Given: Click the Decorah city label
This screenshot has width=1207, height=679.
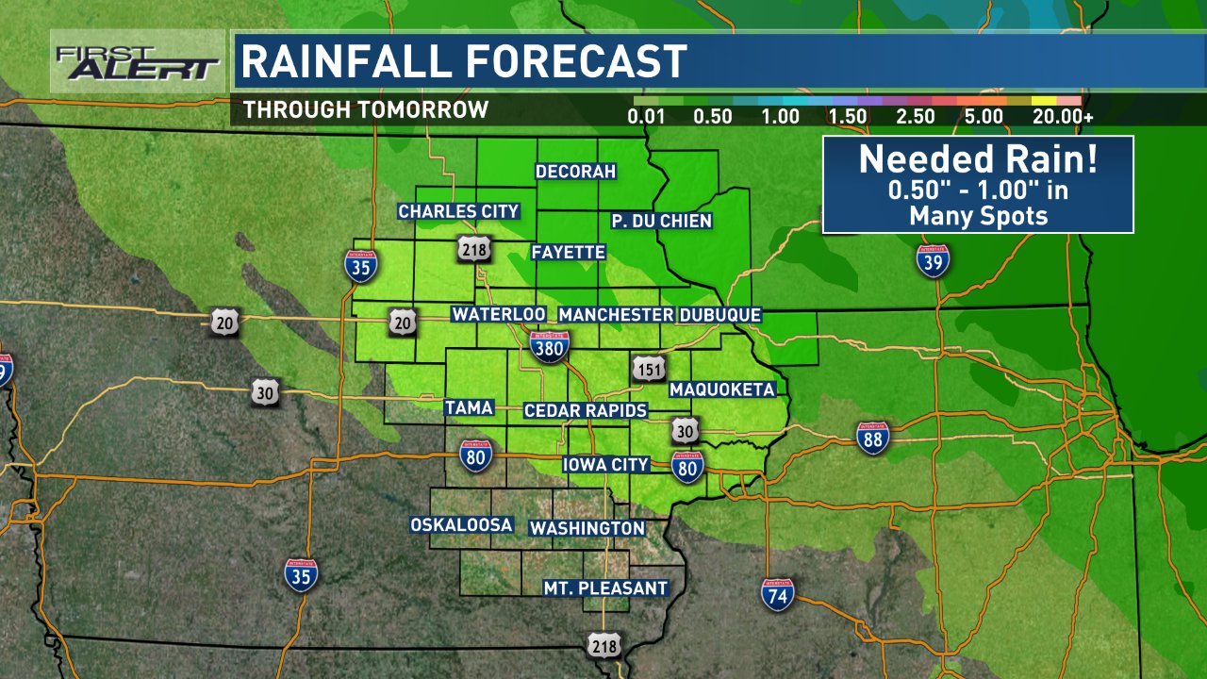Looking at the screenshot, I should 575,172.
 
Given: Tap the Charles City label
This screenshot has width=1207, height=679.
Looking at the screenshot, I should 458,211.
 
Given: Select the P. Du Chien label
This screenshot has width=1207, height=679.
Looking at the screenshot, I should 660,221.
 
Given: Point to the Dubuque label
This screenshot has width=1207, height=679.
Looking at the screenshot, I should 719,315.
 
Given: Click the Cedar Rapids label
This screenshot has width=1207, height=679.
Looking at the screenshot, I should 586,410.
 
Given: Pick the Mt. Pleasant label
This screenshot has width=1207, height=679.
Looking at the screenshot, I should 605,588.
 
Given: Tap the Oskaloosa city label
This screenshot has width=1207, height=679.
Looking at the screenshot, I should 461,525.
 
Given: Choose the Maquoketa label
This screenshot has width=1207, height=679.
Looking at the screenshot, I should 721,389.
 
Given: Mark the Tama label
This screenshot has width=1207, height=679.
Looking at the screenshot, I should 469,407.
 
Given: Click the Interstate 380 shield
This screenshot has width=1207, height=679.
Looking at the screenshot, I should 549,347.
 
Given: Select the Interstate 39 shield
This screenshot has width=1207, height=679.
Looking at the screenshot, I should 933,259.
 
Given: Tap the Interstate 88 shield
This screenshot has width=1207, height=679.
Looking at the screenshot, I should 874,439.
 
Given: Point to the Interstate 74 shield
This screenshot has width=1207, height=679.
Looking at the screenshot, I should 778,594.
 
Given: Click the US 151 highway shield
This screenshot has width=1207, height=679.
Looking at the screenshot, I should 648,369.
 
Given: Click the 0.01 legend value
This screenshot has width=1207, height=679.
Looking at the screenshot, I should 647,117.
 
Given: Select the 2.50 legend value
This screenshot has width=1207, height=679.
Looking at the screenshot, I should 916,117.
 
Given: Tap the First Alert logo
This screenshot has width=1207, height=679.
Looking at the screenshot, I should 137,62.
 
